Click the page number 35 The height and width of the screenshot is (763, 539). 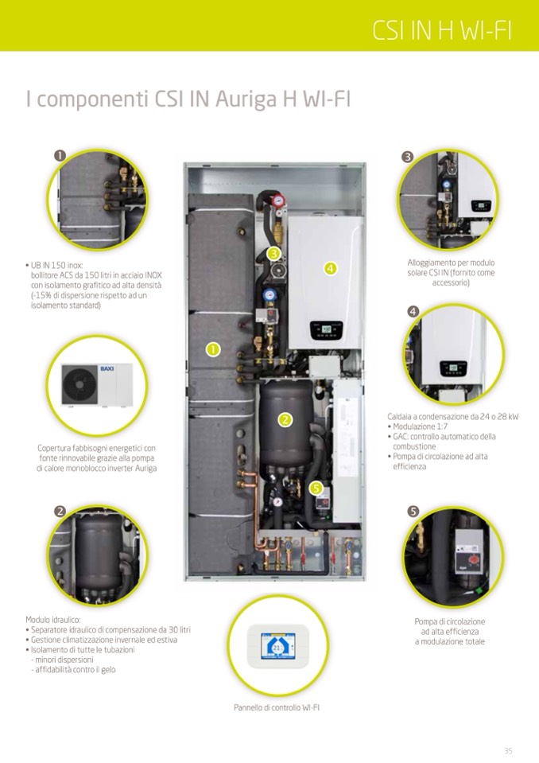click(508, 750)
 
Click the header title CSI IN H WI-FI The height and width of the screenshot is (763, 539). click(442, 30)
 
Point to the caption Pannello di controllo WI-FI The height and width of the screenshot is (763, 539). click(277, 707)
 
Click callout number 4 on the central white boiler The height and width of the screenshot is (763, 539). click(331, 268)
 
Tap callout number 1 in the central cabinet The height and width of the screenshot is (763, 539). click(212, 348)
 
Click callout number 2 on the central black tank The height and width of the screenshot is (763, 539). click(285, 419)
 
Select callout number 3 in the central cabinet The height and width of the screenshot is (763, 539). click(273, 254)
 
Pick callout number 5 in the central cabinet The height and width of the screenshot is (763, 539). click(316, 487)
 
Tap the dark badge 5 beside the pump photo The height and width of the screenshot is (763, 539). click(413, 510)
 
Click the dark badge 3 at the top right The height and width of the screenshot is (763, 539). click(407, 158)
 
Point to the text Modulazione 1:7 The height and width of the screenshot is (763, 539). click(417, 426)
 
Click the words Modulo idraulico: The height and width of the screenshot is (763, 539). click(53, 619)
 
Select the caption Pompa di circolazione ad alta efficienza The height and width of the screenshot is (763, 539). click(449, 631)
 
